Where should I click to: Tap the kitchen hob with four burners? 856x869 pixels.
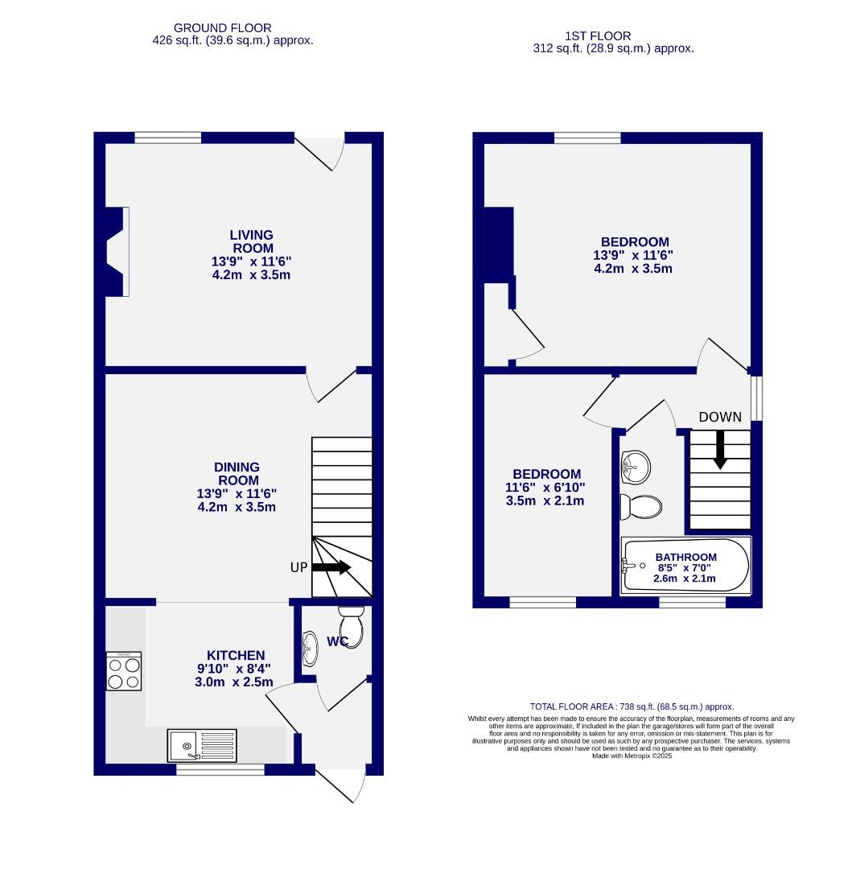(124, 671)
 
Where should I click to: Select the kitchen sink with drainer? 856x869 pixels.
(202, 745)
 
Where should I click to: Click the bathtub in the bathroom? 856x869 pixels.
(685, 566)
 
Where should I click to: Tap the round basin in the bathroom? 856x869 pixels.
(635, 467)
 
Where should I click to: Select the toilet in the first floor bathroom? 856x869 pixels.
(642, 506)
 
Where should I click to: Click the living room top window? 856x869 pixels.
(167, 138)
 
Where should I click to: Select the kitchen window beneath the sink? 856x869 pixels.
(220, 770)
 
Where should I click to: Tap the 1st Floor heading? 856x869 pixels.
(598, 35)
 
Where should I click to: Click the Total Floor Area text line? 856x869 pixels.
(631, 706)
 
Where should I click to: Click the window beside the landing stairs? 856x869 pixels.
(757, 398)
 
